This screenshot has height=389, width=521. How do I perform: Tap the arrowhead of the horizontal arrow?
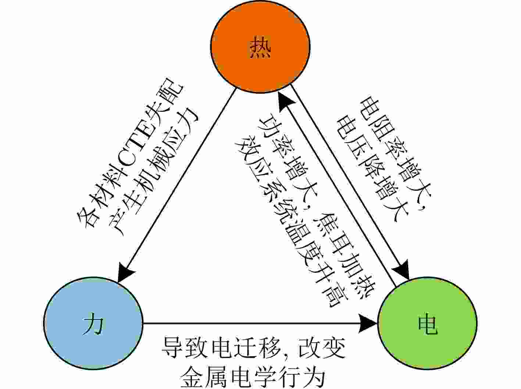[369, 324]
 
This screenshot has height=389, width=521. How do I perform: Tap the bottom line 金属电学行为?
[254, 376]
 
